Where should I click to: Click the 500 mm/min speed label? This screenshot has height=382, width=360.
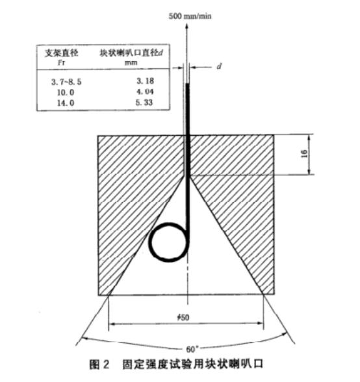point(190,16)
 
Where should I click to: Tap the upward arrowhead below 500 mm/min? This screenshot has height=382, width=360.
point(187,26)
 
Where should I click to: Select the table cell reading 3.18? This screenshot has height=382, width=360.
point(146,81)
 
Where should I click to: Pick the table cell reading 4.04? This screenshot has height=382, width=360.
point(145,92)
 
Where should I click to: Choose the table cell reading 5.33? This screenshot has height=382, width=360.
point(144,103)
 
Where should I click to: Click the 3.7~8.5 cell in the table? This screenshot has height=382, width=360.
point(66,82)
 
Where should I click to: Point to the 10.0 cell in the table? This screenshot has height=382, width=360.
point(66,92)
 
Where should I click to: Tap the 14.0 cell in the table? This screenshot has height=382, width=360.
point(66,103)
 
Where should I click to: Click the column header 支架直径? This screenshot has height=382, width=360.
point(62,53)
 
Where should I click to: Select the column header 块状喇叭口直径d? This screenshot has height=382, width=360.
point(131,53)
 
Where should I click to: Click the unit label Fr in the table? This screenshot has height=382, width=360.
point(62,62)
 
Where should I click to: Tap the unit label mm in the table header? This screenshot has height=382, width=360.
point(131,63)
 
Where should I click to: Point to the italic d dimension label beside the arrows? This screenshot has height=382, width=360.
point(219,66)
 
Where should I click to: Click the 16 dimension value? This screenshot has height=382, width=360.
point(304,154)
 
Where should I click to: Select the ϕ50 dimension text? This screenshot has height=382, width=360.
point(183,317)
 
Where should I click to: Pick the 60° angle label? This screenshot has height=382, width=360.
point(191,350)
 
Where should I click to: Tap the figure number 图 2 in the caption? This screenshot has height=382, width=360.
point(99,364)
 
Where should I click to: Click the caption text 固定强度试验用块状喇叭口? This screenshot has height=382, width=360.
point(193,364)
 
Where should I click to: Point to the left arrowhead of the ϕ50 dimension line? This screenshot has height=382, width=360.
point(112,324)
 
